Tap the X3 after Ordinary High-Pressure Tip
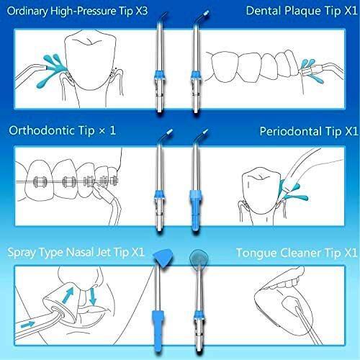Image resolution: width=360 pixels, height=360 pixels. [141, 11]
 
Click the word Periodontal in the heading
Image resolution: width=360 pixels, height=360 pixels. [292, 131]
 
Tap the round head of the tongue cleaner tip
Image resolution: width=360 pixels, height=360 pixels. [199, 258]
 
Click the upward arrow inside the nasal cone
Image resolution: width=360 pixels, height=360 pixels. [68, 295]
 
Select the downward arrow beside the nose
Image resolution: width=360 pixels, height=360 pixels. [92, 297]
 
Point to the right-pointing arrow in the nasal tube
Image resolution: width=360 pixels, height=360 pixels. [27, 325]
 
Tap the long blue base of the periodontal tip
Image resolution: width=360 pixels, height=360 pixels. [196, 210]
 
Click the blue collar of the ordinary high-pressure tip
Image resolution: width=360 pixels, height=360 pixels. [160, 74]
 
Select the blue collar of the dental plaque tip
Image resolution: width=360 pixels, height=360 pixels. [196, 74]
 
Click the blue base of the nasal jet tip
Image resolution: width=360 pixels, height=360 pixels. [158, 330]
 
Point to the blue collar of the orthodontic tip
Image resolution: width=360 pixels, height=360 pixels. [159, 194]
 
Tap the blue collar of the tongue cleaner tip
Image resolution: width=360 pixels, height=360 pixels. [199, 315]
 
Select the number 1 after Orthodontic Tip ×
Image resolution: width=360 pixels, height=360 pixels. [112, 130]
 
